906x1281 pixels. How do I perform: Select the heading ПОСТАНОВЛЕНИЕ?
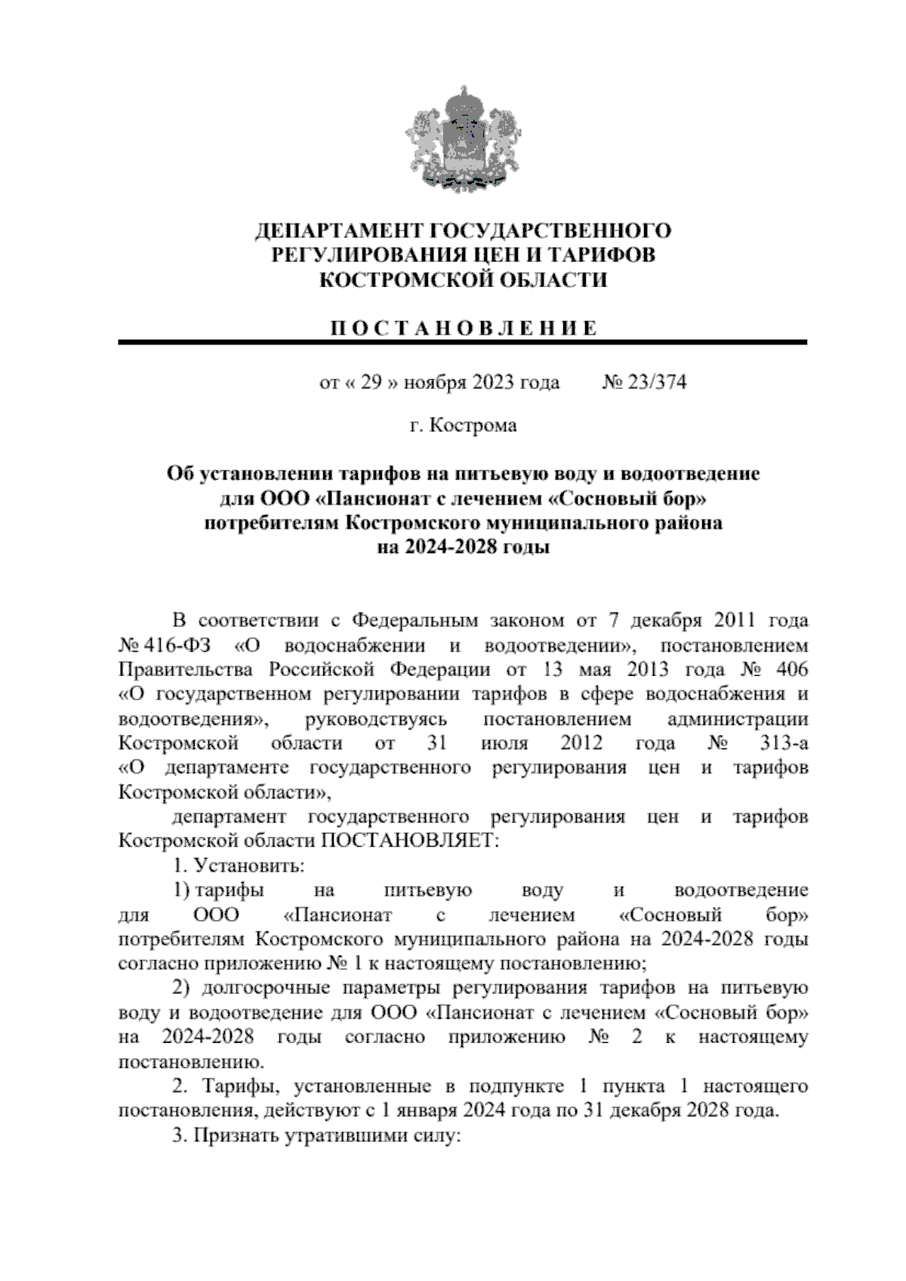[x=464, y=329]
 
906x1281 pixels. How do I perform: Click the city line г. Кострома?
[x=463, y=426]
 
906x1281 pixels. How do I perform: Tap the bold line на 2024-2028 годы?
[x=463, y=548]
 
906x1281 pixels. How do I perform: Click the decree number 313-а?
[x=784, y=743]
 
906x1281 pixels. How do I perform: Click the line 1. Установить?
[x=238, y=866]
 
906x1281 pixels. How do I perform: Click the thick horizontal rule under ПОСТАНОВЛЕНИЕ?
[x=463, y=343]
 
